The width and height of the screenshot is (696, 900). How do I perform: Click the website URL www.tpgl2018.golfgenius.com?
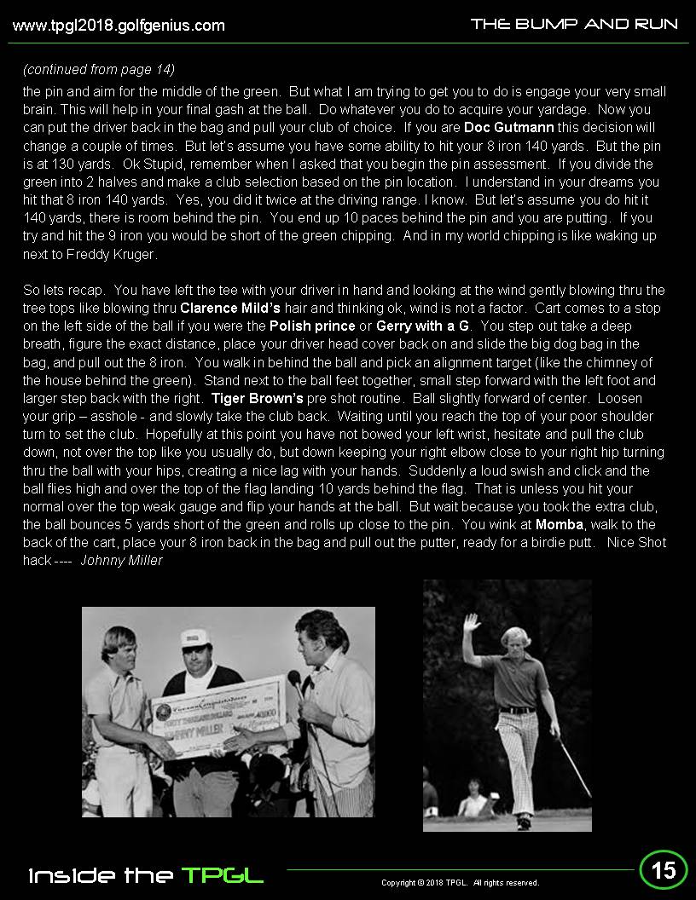point(119,26)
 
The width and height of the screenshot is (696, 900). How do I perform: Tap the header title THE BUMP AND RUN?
point(574,24)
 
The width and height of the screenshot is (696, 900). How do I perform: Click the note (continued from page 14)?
point(99,69)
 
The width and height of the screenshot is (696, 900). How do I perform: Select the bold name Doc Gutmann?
point(509,128)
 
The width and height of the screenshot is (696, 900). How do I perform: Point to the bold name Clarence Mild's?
point(230,308)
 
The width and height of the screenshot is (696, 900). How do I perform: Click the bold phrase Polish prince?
point(312,326)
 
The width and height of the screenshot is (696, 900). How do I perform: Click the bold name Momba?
point(560,524)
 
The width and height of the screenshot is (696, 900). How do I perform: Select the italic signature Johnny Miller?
point(121,560)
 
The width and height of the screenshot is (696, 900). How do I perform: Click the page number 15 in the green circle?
point(664,869)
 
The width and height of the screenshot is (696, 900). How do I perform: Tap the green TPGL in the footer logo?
point(222,875)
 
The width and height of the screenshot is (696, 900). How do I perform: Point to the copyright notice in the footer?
point(460,883)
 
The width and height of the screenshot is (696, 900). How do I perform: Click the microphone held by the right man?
point(293,678)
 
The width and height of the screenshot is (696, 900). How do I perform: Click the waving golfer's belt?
point(517,709)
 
